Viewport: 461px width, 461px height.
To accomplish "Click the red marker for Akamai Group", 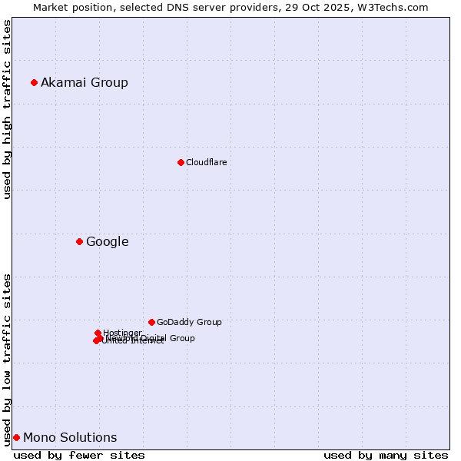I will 34,82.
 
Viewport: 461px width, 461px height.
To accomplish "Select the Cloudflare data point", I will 181,162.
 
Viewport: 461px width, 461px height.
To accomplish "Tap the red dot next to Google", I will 79,241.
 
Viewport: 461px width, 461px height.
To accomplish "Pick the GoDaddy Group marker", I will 151,322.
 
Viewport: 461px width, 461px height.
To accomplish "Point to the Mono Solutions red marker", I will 16,437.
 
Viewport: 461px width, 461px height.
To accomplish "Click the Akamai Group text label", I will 85,82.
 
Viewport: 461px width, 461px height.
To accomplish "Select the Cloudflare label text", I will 206,162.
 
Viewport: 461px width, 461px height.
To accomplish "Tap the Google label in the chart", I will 107,241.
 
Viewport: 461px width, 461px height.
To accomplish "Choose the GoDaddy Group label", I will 189,322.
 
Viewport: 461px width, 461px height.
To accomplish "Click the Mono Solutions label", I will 70,437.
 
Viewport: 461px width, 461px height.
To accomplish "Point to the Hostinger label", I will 122,333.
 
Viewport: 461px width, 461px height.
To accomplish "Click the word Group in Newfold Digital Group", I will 181,338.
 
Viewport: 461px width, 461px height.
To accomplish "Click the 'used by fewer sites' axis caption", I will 79,455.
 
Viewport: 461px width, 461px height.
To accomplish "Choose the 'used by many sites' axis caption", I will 386,455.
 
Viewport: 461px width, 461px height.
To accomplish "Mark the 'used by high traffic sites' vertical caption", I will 7,109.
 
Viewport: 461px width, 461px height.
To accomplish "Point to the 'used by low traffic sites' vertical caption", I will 7,359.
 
